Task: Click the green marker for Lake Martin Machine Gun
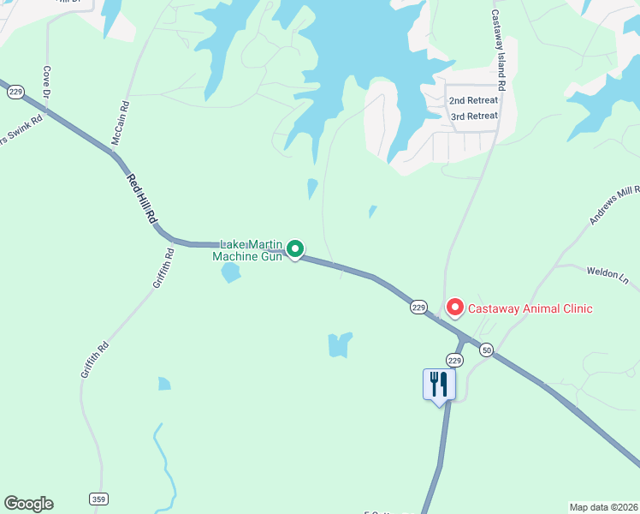click(295, 249)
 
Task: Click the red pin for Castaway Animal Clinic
click(454, 307)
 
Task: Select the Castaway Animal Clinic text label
click(530, 308)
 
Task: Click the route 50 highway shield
click(486, 350)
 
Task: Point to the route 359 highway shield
click(98, 499)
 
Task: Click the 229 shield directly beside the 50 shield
click(454, 362)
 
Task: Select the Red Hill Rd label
click(142, 200)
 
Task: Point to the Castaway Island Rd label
click(497, 51)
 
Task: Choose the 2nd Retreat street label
click(473, 100)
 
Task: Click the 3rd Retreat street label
click(473, 116)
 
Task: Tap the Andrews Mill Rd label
click(614, 205)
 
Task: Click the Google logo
click(28, 504)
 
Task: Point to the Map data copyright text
click(603, 507)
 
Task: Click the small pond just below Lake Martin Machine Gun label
click(230, 273)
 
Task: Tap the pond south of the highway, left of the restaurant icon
click(340, 344)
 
